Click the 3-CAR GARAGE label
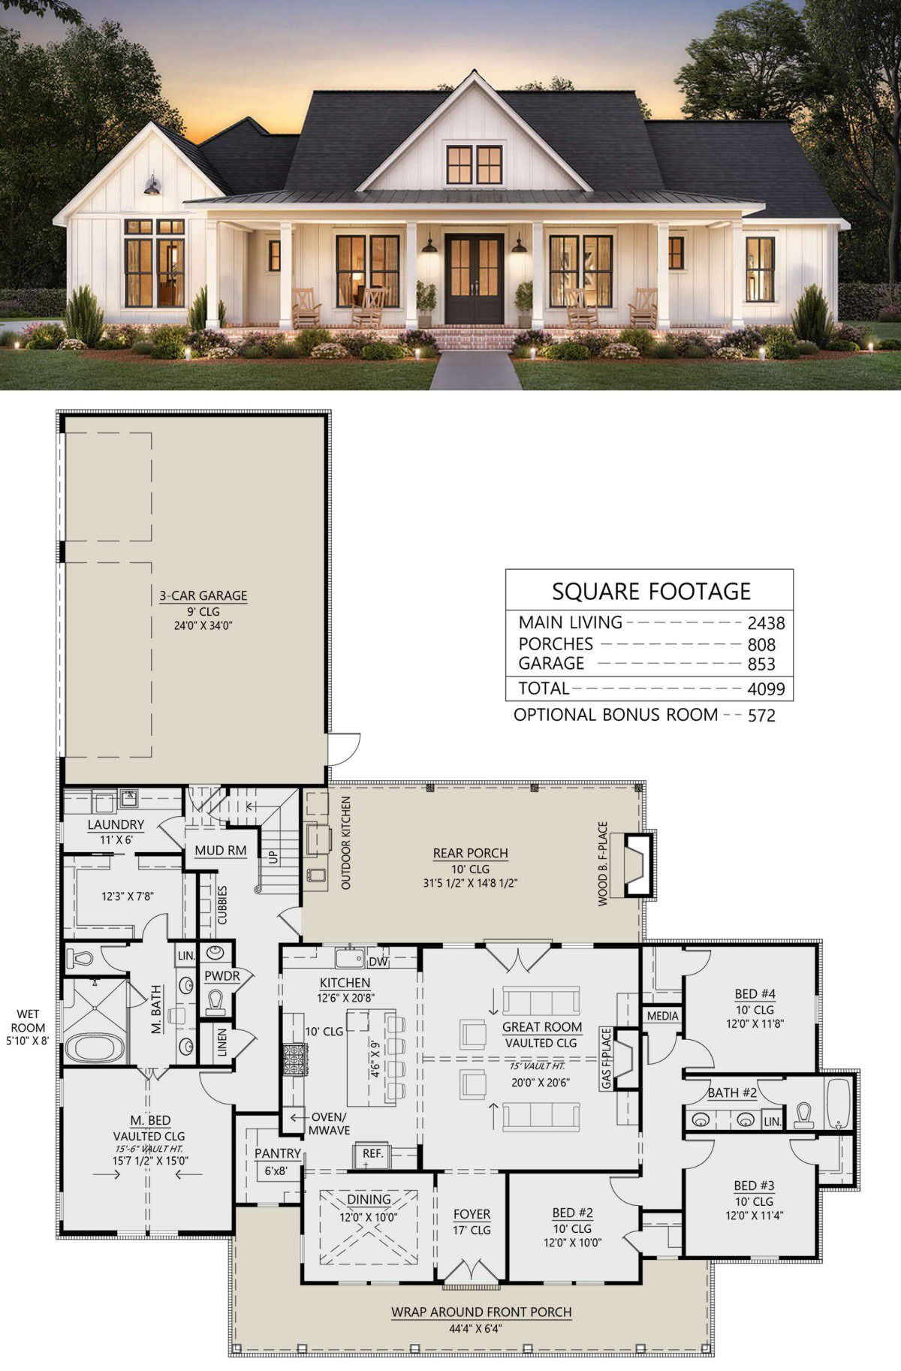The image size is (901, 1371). pos(203,595)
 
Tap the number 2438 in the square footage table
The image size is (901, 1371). pos(766,622)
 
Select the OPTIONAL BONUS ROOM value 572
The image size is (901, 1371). pos(761,716)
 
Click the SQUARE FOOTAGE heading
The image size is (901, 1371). pos(651,591)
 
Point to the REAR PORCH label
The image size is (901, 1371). pos(470,853)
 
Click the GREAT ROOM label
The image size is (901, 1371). pos(542,1026)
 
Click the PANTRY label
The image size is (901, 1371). pos(278,1153)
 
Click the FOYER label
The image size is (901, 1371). pos(472,1214)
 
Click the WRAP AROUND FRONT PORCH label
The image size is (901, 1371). pos(481,1312)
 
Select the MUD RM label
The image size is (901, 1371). pos(221,851)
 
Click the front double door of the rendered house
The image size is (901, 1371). pos(474,279)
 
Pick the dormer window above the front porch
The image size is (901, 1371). pos(474,165)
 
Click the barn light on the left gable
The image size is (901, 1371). pos(152,187)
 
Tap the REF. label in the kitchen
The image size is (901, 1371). pos(372,1154)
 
